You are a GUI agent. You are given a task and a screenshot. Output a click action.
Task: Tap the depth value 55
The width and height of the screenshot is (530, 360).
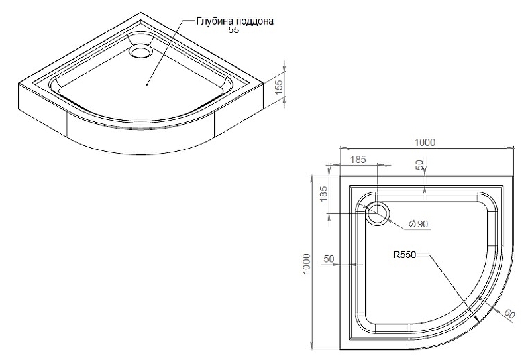click(234, 30)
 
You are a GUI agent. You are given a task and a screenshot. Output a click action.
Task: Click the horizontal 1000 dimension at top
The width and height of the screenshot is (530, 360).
click(425, 143)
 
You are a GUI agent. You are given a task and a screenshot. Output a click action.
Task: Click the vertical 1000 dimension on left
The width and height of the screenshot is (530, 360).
click(306, 264)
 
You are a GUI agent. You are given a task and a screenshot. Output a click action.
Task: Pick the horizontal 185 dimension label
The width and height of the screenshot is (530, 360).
click(358, 159)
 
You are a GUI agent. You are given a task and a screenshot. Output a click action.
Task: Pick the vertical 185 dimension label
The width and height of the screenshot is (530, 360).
click(324, 194)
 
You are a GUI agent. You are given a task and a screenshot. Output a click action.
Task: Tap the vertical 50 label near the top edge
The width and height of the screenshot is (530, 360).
click(419, 165)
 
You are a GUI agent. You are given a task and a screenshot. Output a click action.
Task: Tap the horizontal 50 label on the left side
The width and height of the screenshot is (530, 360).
click(329, 259)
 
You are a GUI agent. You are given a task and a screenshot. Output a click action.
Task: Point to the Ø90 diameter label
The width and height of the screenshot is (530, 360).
click(419, 224)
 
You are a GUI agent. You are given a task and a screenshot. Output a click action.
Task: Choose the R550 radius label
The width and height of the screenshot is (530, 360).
click(405, 255)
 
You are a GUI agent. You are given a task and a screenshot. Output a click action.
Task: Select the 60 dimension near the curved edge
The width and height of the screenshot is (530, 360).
click(509, 314)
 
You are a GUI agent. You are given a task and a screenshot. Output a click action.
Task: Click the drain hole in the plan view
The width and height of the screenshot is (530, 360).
click(378, 214)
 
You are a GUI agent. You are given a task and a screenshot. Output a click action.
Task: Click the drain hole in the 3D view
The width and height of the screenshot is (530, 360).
click(141, 52)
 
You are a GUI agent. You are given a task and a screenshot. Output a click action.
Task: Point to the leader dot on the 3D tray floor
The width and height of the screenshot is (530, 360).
click(147, 84)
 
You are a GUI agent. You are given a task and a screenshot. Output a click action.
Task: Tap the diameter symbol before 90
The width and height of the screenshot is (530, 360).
click(412, 224)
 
